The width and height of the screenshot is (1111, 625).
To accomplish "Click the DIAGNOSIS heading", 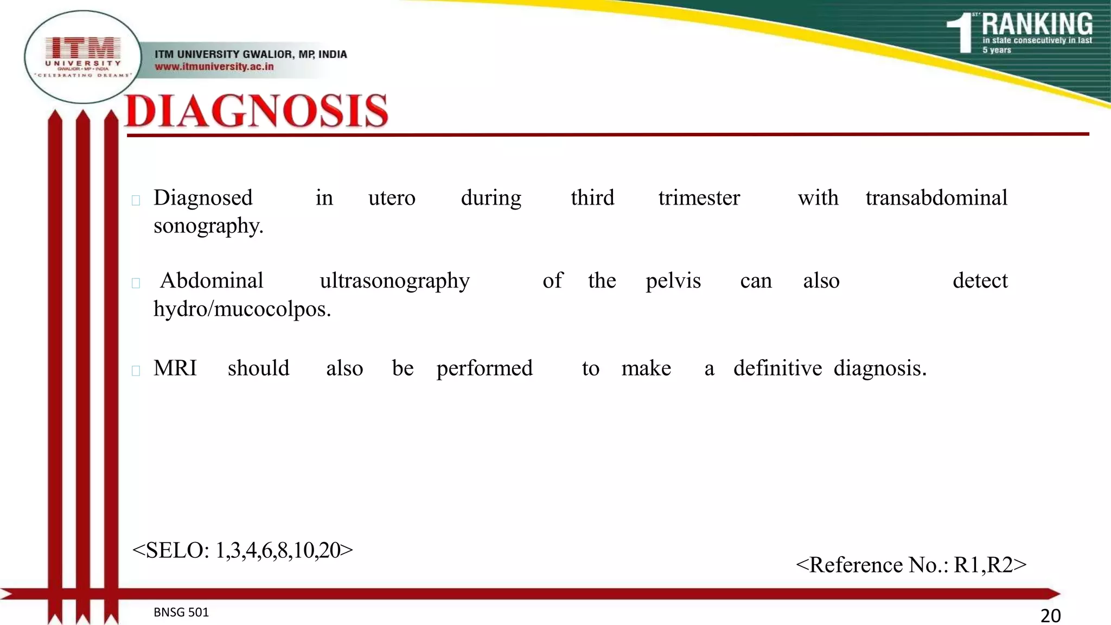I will (x=257, y=111).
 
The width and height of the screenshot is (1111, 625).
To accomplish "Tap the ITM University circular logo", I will (x=83, y=57).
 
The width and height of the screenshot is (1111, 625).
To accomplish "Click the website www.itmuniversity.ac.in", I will (x=214, y=67).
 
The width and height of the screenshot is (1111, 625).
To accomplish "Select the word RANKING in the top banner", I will (x=1037, y=24).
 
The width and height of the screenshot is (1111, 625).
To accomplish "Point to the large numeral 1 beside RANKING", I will (x=961, y=33).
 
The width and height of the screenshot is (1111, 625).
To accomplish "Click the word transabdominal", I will (x=936, y=197).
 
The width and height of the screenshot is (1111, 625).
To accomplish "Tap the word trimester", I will (x=699, y=197).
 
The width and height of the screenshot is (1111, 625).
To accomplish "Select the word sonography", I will (x=208, y=226).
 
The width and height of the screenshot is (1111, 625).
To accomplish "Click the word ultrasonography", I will (x=394, y=281).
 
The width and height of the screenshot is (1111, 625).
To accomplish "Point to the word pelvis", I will (x=673, y=281).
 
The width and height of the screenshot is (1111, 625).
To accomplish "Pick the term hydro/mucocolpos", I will (x=242, y=309).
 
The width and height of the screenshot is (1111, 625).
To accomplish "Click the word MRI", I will (x=175, y=368).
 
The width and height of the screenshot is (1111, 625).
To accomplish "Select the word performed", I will (x=484, y=369).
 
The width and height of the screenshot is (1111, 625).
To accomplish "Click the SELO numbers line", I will (x=242, y=550).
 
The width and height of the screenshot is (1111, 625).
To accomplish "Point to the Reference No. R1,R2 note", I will (x=911, y=565).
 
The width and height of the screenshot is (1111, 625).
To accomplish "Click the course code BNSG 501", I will (x=181, y=612).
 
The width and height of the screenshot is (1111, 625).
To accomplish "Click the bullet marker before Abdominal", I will (x=136, y=283).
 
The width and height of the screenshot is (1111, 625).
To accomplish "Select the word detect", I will (x=980, y=281).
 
